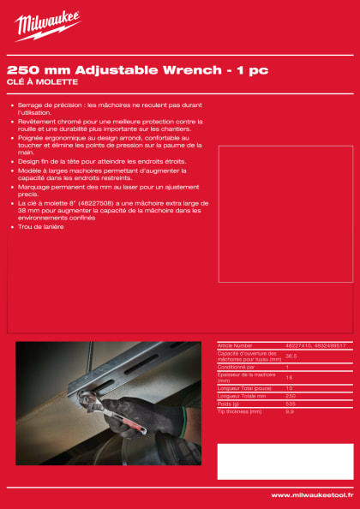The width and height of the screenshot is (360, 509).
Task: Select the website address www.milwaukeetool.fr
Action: pyautogui.click(x=309, y=494)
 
